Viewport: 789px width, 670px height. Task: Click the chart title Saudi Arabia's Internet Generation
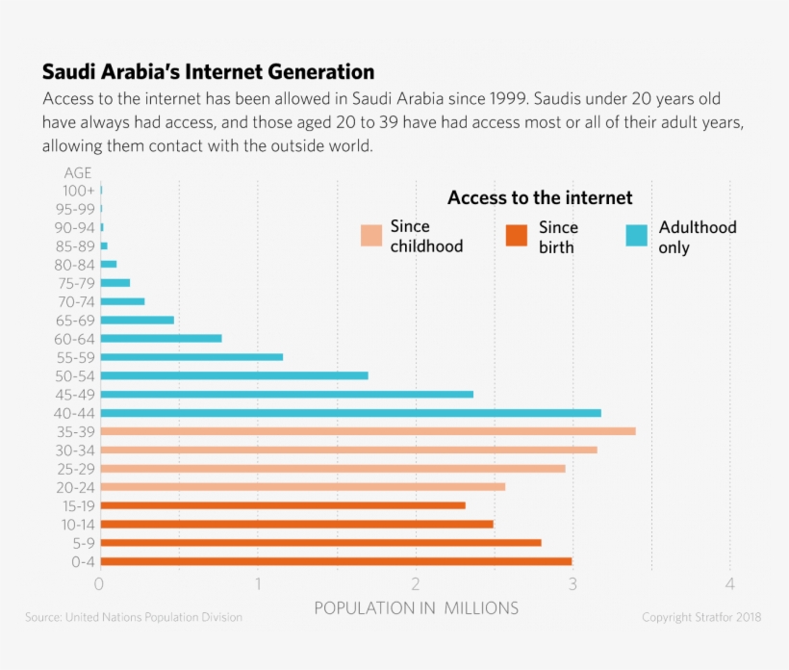click(208, 72)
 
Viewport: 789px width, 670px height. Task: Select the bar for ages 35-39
click(368, 431)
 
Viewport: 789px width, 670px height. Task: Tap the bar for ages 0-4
click(336, 561)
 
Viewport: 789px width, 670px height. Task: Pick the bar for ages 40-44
click(350, 413)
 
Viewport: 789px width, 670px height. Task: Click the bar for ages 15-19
click(283, 505)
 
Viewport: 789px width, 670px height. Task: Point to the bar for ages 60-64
click(161, 338)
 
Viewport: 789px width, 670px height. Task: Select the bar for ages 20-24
click(302, 487)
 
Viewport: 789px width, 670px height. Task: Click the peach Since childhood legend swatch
click(371, 236)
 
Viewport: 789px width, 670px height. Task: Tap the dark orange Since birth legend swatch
click(517, 236)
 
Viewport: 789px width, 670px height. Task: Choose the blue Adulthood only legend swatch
click(637, 236)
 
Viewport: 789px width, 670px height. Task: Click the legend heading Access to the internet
click(540, 198)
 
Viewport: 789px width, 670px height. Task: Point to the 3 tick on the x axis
click(573, 584)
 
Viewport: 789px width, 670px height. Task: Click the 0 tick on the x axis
click(99, 584)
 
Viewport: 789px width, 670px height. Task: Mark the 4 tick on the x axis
click(730, 584)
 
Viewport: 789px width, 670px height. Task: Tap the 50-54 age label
click(75, 375)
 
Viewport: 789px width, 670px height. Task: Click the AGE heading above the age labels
click(78, 173)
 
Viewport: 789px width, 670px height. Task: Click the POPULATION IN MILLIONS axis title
click(416, 608)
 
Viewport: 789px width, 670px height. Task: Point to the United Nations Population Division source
click(134, 617)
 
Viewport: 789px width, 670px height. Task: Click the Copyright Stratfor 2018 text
click(701, 617)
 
